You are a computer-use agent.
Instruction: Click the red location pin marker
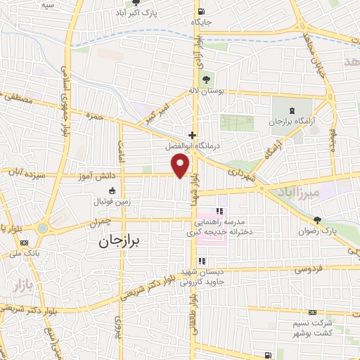click(181, 165)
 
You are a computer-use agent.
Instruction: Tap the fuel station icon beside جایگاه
click(202, 11)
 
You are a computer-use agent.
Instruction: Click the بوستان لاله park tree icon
click(207, 79)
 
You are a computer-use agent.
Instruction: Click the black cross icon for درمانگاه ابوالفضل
click(191, 134)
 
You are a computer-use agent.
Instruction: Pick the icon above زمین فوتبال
click(111, 191)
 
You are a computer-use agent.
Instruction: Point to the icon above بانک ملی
click(25, 243)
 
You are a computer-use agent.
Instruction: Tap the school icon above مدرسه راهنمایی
click(220, 210)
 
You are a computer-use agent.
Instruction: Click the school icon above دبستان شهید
click(202, 261)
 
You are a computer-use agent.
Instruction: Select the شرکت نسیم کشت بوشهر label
click(312, 326)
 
